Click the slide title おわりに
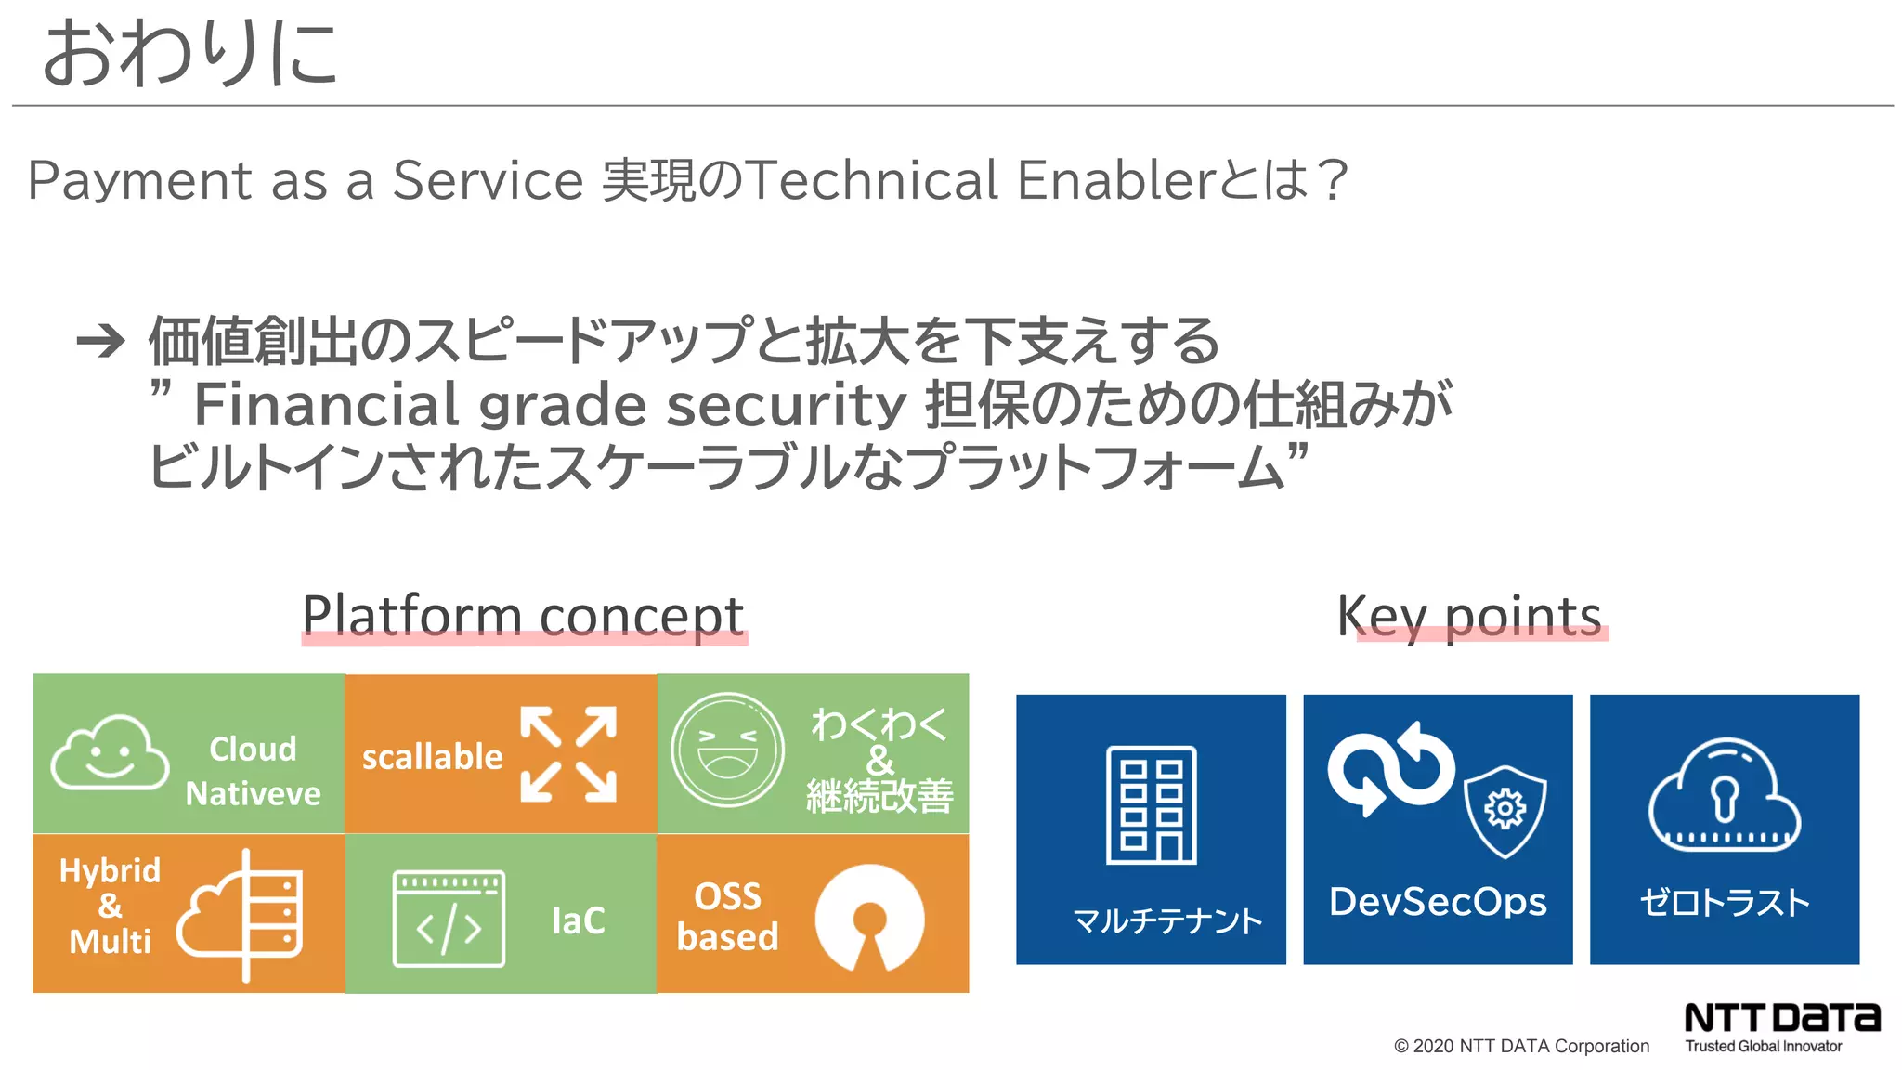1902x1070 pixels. (190, 54)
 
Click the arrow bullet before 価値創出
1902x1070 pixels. (100, 341)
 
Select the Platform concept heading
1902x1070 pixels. (523, 615)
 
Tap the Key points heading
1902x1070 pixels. (1469, 615)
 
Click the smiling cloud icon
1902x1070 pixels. (110, 753)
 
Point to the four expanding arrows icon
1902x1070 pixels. (568, 754)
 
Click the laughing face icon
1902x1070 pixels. (727, 750)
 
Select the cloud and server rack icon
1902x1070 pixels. (241, 915)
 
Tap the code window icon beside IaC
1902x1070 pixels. (449, 919)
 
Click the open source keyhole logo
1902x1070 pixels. (869, 918)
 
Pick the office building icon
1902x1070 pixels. (1151, 805)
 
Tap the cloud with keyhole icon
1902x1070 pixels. (1724, 795)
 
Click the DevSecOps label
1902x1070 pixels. (1438, 902)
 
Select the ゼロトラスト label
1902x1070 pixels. (1725, 902)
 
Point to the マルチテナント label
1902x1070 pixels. (1167, 920)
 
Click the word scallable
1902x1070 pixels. (432, 757)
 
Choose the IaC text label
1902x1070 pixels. (578, 920)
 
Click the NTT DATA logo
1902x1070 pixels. (1781, 1018)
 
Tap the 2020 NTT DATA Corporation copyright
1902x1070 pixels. (1521, 1046)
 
